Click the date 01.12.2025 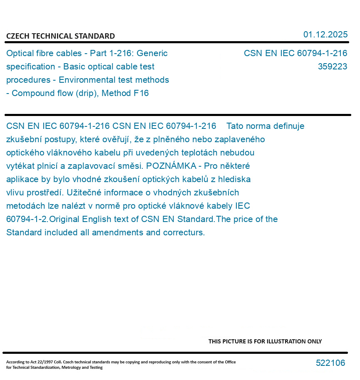pos(325,35)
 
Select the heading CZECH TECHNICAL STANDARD pos(60,36)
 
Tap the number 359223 pos(332,67)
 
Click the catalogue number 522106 pos(330,363)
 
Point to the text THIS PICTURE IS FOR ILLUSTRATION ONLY pos(265,341)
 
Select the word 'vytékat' pos(21,166)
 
